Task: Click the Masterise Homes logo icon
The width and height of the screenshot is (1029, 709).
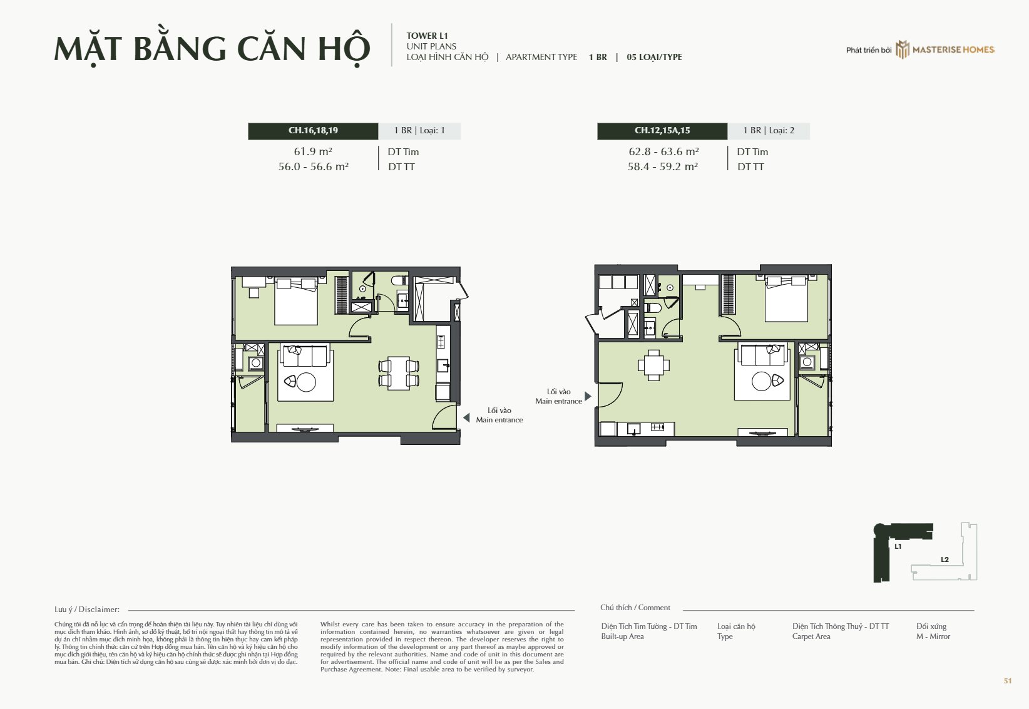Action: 902,49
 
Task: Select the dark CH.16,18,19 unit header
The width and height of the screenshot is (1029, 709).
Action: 313,131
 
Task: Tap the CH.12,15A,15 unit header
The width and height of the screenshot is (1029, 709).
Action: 662,131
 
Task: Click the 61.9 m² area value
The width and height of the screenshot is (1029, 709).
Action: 313,151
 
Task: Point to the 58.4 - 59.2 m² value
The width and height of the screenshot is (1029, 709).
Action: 662,166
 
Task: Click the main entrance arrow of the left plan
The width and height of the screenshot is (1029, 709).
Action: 466,417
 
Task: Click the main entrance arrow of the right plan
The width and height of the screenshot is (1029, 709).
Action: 588,396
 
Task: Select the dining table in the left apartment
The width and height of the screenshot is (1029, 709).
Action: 399,373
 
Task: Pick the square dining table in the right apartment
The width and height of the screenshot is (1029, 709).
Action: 653,365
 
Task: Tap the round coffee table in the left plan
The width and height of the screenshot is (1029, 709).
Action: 306,382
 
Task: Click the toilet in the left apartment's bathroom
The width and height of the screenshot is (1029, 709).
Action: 400,280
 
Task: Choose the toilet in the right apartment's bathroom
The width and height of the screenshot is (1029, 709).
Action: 652,307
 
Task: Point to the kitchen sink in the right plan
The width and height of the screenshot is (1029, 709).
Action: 634,429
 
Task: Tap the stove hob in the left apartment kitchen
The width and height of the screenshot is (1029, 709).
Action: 441,342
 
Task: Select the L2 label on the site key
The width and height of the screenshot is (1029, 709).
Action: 945,559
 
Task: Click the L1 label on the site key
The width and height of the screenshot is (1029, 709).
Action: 898,546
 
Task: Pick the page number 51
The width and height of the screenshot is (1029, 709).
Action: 1008,681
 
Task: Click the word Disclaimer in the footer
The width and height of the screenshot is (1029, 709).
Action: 99,610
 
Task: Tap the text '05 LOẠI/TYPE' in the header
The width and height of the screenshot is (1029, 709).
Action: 654,57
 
